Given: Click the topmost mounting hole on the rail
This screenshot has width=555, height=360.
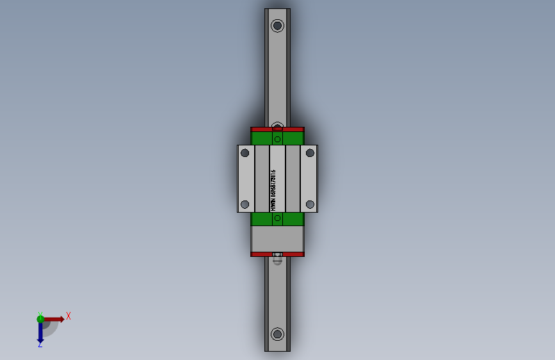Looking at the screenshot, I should (277, 26).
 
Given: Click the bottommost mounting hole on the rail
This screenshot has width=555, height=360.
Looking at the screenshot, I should (277, 334).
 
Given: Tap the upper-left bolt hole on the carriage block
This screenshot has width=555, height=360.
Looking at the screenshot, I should (245, 152).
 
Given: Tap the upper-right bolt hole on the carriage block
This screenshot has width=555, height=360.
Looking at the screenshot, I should (310, 152).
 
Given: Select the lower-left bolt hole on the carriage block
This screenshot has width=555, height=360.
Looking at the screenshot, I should (245, 204).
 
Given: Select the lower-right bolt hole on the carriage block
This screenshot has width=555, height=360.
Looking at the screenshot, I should (310, 204).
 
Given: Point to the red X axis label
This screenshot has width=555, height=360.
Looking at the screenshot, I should (68, 316).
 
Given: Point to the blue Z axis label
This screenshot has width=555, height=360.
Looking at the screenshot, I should (40, 345).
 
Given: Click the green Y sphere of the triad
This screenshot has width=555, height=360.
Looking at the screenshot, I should (40, 318).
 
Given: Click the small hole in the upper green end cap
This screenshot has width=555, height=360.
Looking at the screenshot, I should (277, 139).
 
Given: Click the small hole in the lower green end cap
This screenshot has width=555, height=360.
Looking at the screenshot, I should (277, 219).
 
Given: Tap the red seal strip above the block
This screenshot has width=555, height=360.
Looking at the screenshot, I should (277, 129).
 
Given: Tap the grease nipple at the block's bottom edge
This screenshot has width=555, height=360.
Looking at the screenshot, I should (277, 254).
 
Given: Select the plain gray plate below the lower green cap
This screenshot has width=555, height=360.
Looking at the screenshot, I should (277, 239).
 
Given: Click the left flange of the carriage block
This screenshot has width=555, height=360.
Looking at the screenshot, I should (246, 178).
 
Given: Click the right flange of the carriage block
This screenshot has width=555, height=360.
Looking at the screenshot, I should (309, 178).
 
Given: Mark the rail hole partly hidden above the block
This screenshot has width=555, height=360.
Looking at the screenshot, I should (277, 125).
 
